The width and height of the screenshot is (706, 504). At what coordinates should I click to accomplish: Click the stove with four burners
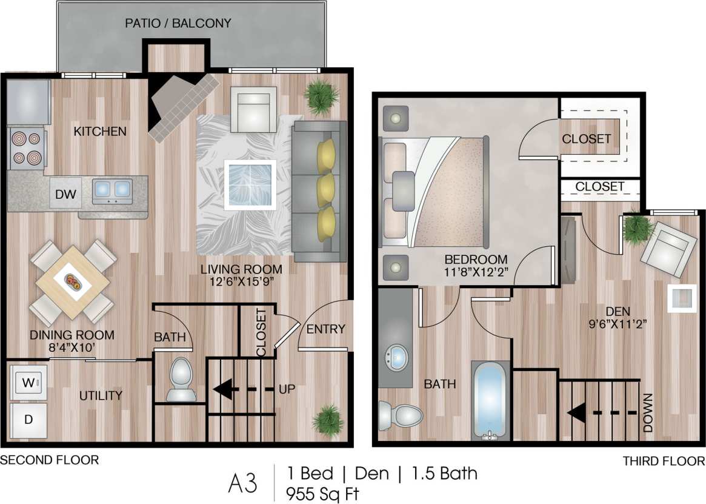pyautogui.click(x=27, y=149)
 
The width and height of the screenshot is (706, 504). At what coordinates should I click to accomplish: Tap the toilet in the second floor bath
pyautogui.click(x=181, y=380)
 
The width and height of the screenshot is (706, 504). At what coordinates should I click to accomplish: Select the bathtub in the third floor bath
pyautogui.click(x=488, y=400)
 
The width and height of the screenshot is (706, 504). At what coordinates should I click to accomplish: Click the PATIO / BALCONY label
pyautogui.click(x=178, y=24)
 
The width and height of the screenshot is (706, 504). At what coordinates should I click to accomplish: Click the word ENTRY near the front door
pyautogui.click(x=325, y=329)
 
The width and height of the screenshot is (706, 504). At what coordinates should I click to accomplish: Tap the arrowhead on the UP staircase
pyautogui.click(x=223, y=389)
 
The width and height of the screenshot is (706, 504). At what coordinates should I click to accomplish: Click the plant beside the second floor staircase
pyautogui.click(x=328, y=418)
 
